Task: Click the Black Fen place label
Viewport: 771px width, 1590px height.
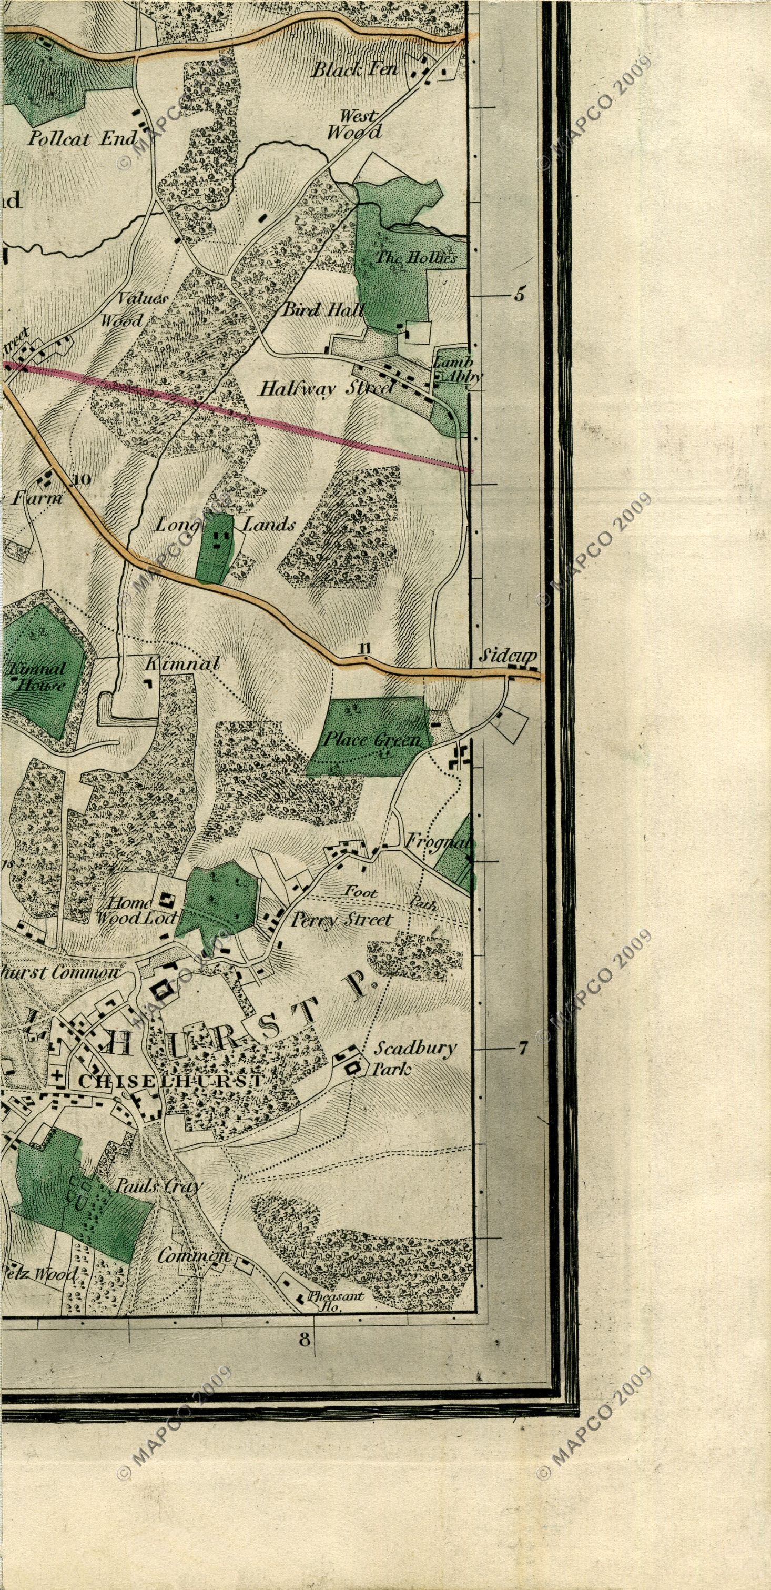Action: pos(354,70)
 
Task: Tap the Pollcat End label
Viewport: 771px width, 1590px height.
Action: pos(76,139)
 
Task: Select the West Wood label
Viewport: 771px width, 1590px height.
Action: pos(354,124)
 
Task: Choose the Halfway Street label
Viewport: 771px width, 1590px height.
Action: pos(326,388)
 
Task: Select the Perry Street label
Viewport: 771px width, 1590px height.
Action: pos(341,920)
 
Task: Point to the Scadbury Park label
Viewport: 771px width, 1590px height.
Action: pos(415,1058)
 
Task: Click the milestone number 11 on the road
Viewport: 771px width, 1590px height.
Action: pos(364,648)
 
